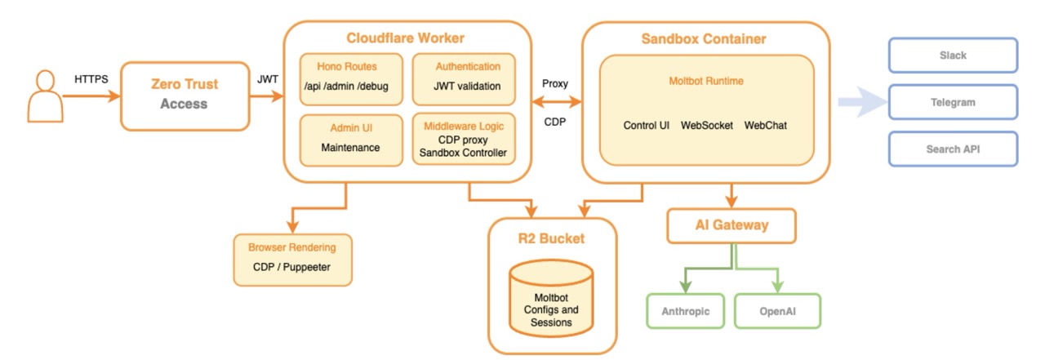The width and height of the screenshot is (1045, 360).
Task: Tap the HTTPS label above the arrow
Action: tap(91, 80)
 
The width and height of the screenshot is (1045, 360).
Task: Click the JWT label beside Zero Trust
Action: tap(267, 80)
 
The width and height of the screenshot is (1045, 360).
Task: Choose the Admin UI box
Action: tap(350, 138)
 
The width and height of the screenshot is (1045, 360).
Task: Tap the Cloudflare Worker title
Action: tap(405, 38)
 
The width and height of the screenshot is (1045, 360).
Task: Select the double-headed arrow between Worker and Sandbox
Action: tap(555, 102)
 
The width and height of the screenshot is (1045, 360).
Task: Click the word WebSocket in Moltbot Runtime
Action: tap(706, 126)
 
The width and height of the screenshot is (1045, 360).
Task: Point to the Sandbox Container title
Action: tap(704, 38)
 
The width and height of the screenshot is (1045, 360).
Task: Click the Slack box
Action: tap(952, 55)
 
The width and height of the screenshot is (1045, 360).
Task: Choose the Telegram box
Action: tap(952, 103)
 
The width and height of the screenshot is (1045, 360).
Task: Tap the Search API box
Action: tap(952, 149)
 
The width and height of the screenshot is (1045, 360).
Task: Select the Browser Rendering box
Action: tap(292, 259)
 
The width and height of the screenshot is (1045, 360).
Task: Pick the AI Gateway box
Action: tap(731, 225)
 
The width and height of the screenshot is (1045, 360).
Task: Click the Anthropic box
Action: tap(684, 310)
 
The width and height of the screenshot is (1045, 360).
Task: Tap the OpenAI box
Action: tap(776, 310)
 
